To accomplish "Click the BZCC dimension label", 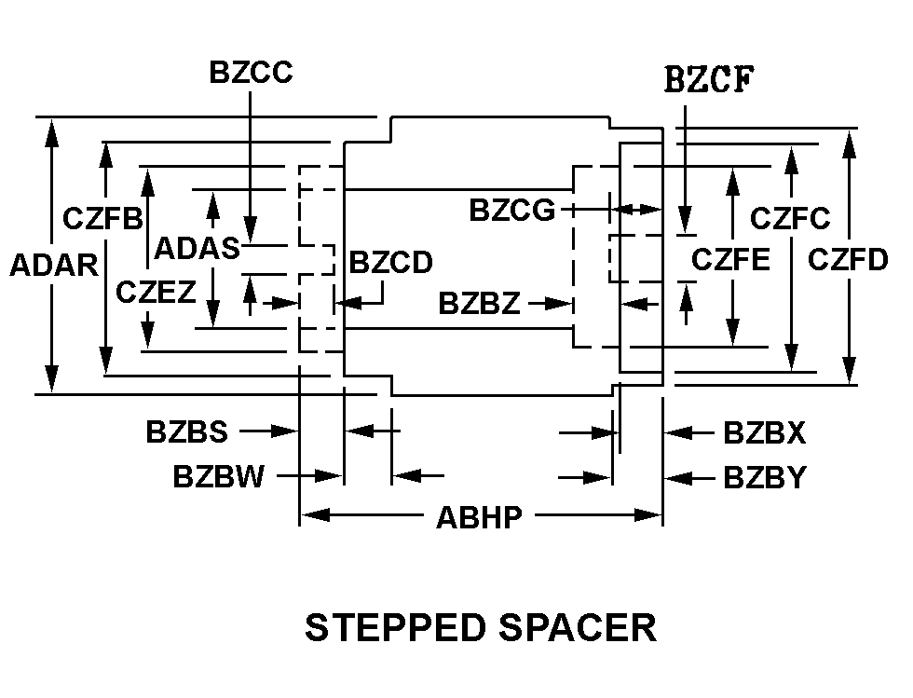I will [251, 73].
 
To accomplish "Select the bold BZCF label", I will [709, 80].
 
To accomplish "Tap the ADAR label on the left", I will [54, 266].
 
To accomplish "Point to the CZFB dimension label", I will [102, 219].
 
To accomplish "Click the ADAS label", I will [197, 248].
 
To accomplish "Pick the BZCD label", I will [390, 264].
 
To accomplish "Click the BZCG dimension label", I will [511, 211].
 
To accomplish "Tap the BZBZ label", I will [480, 304].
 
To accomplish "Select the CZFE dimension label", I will [730, 259].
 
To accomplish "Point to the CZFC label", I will [790, 219].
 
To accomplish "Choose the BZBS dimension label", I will [186, 432].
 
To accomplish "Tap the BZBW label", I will [219, 477].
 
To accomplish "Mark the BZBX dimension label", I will [764, 433].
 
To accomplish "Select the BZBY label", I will [764, 478].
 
